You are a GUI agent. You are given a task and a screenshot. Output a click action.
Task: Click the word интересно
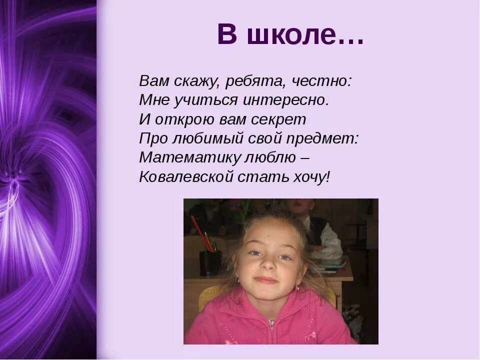tap(286, 100)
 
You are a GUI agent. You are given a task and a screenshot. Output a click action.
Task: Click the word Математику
tap(189, 157)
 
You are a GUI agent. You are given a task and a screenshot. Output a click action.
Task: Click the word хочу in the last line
tap(311, 177)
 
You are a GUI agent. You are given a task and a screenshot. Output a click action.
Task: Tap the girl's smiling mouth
tap(266, 280)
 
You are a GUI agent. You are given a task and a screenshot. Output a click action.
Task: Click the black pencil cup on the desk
tap(209, 263)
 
